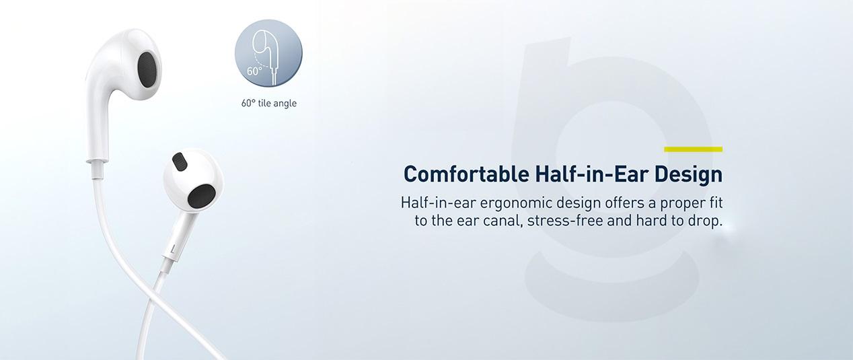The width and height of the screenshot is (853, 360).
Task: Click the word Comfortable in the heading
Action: point(466,174)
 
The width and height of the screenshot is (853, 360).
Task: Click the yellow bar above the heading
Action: point(693,149)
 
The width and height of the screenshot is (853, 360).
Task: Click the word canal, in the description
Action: point(503,221)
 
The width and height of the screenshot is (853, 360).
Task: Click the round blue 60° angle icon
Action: point(268,53)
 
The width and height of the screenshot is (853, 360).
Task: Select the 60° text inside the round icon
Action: point(254,71)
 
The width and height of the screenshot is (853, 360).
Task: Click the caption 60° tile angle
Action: point(269,103)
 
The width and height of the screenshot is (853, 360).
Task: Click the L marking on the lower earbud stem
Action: point(174,250)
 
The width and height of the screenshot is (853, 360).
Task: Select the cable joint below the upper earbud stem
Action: point(97,169)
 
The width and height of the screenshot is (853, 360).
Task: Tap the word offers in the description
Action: point(625,203)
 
